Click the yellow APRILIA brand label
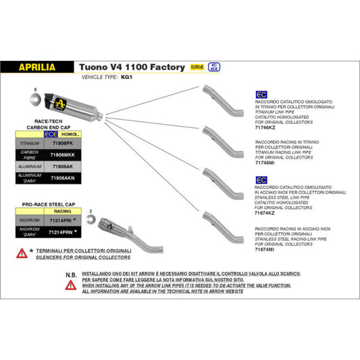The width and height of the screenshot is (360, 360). tap(37, 68)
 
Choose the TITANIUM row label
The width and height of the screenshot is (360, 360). tap(28, 143)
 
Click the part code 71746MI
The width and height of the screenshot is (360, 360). tap(265, 163)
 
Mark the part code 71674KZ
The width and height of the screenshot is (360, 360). tap(265, 212)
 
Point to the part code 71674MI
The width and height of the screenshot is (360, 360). tap(265, 250)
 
